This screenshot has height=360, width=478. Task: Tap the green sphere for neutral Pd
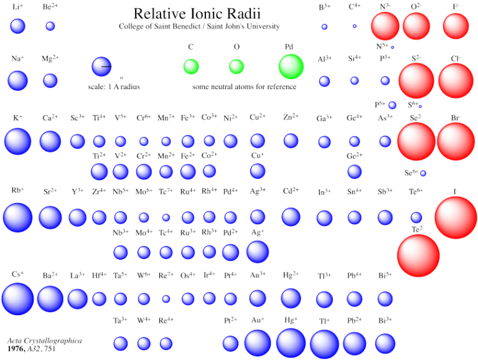[x=291, y=67]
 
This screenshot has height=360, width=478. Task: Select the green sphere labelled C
[x=191, y=66]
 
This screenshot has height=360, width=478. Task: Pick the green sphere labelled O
[x=237, y=66]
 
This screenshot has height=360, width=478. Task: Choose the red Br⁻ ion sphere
[x=456, y=141]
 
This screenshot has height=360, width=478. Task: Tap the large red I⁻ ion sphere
[x=456, y=217]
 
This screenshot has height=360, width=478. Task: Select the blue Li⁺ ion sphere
[x=17, y=26]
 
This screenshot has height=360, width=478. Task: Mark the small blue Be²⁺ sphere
[x=50, y=26]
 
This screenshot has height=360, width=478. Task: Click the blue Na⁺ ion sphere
[x=17, y=80]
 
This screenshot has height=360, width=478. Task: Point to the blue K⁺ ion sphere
[x=17, y=141]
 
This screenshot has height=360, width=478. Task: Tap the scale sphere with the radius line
[x=101, y=66]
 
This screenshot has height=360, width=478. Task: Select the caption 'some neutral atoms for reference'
[x=244, y=87]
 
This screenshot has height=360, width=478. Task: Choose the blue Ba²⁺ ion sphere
[x=50, y=299]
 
